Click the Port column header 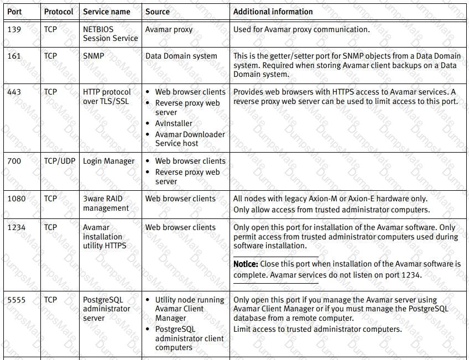(x=14, y=12)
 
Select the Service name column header (x=107, y=12)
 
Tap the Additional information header (x=273, y=12)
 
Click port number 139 (x=14, y=29)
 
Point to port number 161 (x=14, y=56)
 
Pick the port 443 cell (x=14, y=92)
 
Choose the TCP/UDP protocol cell (x=59, y=161)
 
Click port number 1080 (x=16, y=199)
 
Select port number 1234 (x=16, y=227)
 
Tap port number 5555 (x=16, y=300)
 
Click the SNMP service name (x=93, y=56)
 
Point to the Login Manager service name (x=108, y=161)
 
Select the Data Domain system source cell (x=181, y=56)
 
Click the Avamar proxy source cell (x=169, y=29)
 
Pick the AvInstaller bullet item (x=174, y=123)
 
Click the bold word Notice (x=246, y=264)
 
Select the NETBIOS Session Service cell (x=110, y=34)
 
